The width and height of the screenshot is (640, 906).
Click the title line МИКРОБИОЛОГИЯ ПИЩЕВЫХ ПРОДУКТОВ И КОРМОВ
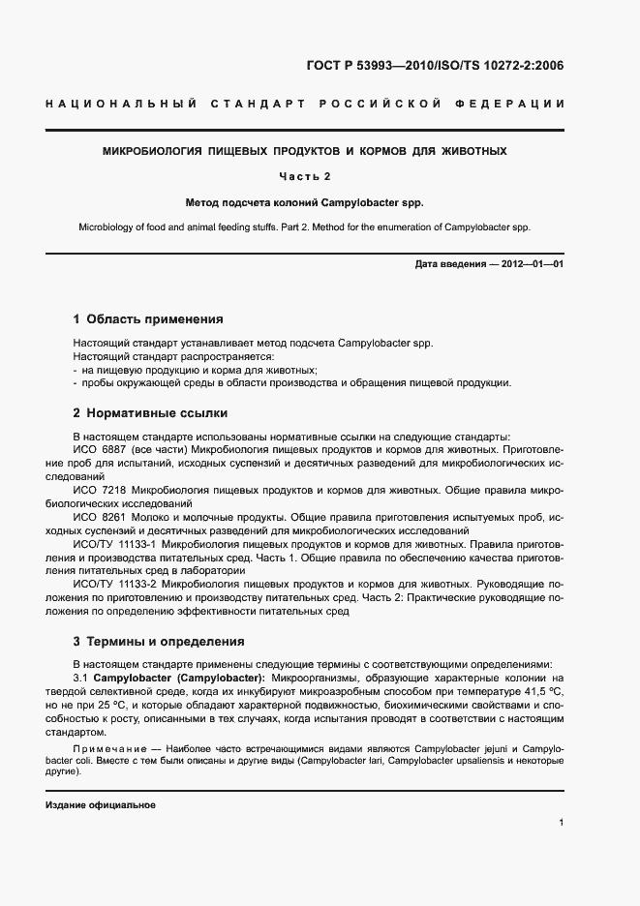pos(305,152)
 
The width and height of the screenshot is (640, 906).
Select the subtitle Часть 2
pos(305,177)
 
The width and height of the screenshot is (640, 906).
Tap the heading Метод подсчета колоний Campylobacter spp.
pos(305,203)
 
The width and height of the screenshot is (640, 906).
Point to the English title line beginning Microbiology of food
pos(305,227)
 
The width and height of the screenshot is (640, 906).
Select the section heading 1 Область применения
pos(148,318)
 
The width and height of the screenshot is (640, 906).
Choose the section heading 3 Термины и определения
pos(159,642)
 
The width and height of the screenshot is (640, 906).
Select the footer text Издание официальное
pos(101,805)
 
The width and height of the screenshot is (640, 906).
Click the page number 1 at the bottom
pos(562,823)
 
